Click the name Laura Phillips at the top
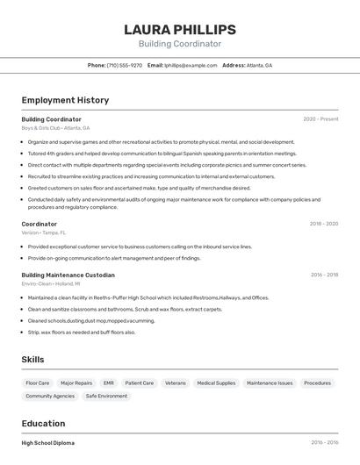click(x=179, y=29)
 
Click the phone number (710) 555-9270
click(x=125, y=65)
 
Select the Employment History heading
click(x=65, y=100)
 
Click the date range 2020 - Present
click(x=320, y=119)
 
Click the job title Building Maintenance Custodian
click(x=68, y=275)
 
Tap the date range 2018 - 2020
click(x=323, y=224)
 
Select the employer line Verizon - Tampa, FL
click(x=44, y=232)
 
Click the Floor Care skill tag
click(x=38, y=383)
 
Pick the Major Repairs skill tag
click(x=76, y=383)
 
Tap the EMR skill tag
click(x=109, y=383)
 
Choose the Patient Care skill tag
click(x=140, y=383)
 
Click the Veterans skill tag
click(x=176, y=383)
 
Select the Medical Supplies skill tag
click(x=216, y=383)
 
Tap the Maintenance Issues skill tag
click(x=270, y=383)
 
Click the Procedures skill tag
click(x=318, y=383)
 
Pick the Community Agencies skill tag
click(x=50, y=397)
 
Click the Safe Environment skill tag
click(x=106, y=397)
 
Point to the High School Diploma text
click(x=48, y=443)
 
